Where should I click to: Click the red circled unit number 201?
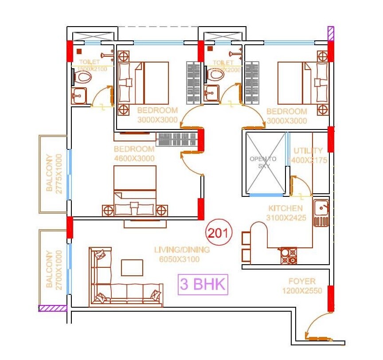click(217, 233)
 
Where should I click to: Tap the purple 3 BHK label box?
click(203, 285)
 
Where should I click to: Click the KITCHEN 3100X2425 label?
click(285, 213)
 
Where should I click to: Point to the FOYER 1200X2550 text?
click(302, 286)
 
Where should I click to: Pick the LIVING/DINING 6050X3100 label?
click(182, 254)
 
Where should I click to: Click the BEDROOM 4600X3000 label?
click(134, 153)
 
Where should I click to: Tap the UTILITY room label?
click(309, 155)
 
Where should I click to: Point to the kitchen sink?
click(321, 207)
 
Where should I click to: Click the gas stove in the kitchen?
click(288, 256)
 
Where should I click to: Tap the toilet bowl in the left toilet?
click(82, 78)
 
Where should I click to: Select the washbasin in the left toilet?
click(80, 96)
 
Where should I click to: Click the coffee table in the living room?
click(132, 267)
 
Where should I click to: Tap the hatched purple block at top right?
click(330, 34)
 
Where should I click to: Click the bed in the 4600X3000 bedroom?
click(135, 191)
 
